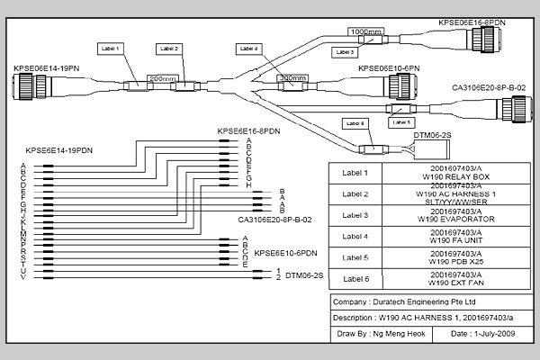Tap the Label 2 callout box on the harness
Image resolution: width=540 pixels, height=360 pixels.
click(168, 47)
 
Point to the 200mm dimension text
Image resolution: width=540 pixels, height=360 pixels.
click(161, 79)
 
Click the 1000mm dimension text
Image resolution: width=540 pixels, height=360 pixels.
click(365, 31)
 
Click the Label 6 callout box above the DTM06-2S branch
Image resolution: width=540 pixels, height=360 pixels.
click(356, 123)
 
